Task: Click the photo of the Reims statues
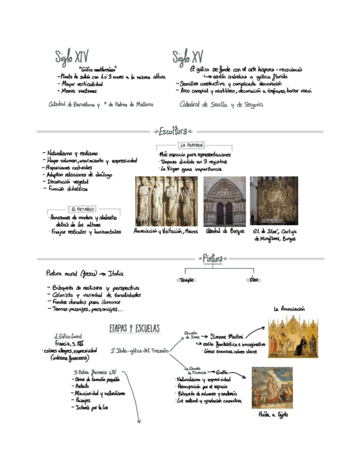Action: tap(166, 201)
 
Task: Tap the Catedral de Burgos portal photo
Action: tap(224, 201)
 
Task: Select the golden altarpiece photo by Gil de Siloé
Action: tap(274, 201)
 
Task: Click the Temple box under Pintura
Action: tap(187, 280)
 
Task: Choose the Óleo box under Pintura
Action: tap(254, 279)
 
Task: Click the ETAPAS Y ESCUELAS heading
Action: tap(134, 328)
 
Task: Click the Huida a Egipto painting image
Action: tap(272, 388)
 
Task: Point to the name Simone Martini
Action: tap(227, 337)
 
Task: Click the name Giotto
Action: tap(222, 372)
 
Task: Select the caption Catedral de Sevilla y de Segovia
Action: tap(221, 104)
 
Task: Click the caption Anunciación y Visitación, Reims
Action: tap(166, 231)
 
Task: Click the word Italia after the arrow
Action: tap(116, 273)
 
